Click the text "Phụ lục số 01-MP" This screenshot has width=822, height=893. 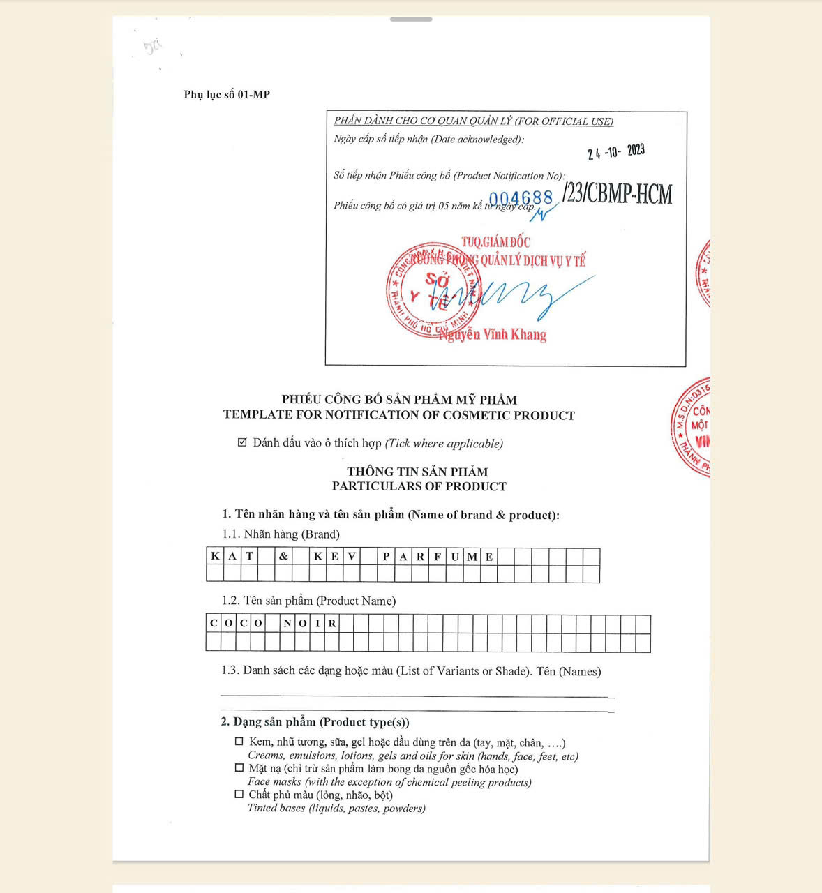[227, 95]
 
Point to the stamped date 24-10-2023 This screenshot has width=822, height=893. [615, 152]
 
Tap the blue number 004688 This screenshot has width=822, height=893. [521, 198]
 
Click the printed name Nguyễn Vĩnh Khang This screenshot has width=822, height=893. [493, 335]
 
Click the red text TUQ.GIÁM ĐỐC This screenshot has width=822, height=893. [495, 242]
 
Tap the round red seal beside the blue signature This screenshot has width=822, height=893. [433, 290]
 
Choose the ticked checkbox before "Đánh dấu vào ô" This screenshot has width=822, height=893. [242, 442]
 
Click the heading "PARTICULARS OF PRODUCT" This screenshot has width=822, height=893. [419, 486]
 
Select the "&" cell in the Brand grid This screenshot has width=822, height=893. [283, 557]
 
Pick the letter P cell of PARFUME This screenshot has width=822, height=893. [386, 557]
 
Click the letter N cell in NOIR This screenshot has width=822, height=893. [287, 624]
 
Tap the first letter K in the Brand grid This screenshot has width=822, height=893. [215, 557]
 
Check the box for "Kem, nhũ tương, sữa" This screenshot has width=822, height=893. [239, 742]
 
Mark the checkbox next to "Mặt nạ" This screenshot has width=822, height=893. [239, 768]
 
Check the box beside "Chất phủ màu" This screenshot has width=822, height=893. [239, 795]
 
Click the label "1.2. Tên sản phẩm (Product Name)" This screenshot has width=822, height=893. [308, 601]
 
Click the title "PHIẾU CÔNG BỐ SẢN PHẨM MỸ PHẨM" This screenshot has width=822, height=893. [399, 400]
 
